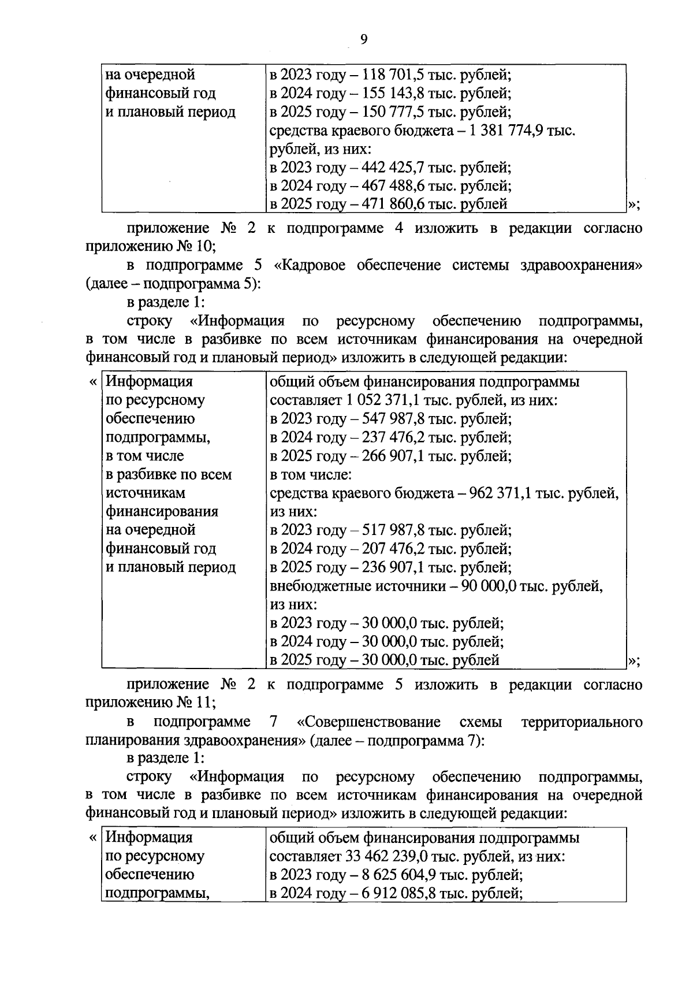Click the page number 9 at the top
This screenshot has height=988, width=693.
click(x=363, y=39)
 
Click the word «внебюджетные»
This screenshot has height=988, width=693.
click(x=320, y=586)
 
